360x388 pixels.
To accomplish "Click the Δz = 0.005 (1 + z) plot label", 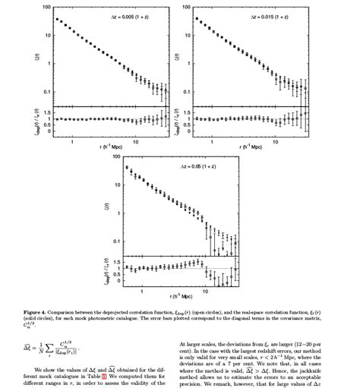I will [125, 16].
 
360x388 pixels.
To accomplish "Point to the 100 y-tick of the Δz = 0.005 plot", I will [47, 7].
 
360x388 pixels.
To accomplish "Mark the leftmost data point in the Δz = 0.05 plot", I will [127, 167].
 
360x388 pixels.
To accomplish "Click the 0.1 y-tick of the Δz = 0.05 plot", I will [118, 241].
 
